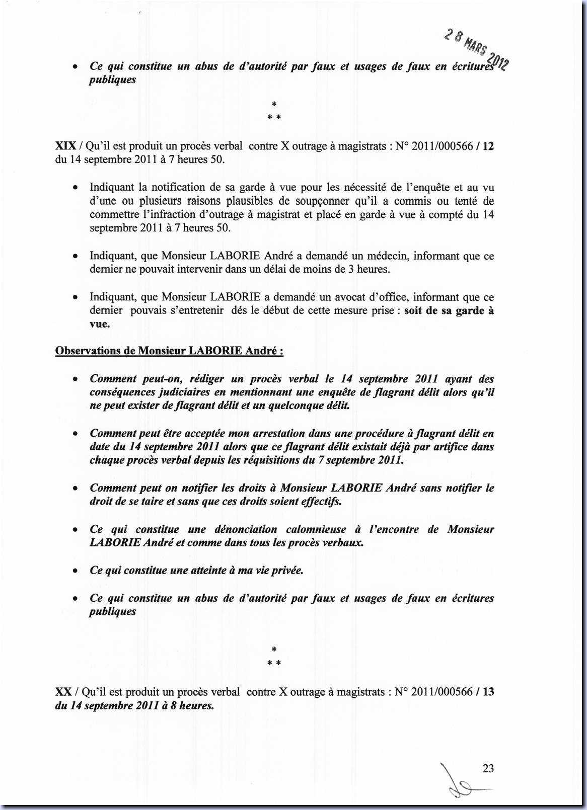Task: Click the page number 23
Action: [488, 768]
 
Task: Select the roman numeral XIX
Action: [65, 146]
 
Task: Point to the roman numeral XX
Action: [63, 692]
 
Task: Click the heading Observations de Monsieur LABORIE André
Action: [169, 351]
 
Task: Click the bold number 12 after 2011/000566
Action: [488, 146]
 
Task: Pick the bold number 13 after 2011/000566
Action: [488, 692]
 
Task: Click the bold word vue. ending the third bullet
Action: [100, 324]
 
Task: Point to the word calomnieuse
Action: [316, 529]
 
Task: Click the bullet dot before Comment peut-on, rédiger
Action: [75, 379]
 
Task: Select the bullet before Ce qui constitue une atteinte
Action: [75, 571]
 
